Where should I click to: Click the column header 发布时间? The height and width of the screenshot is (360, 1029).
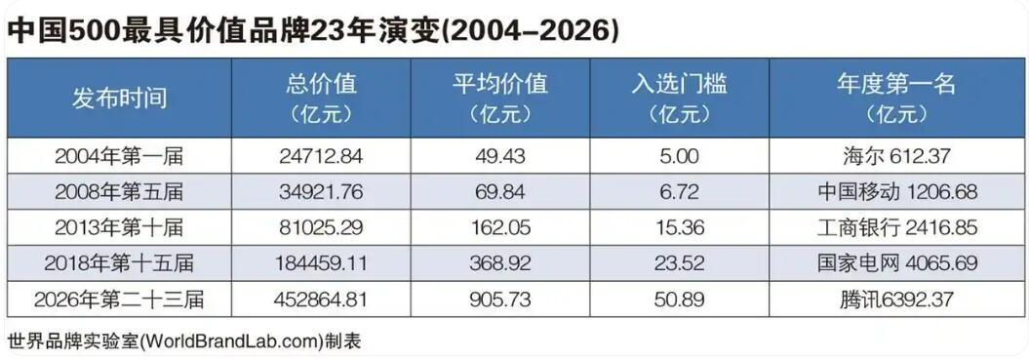(x=119, y=98)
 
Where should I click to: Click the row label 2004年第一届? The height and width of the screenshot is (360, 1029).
(x=119, y=156)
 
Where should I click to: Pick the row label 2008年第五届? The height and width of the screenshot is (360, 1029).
(x=119, y=192)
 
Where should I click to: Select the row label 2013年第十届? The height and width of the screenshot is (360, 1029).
(x=119, y=227)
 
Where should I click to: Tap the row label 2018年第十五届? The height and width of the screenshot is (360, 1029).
(x=119, y=263)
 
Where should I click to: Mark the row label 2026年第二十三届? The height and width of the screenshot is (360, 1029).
(x=119, y=300)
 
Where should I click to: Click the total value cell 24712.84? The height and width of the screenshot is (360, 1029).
(x=321, y=156)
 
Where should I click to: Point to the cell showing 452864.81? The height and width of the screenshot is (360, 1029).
(x=321, y=300)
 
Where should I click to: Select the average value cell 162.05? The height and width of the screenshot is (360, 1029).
(x=500, y=227)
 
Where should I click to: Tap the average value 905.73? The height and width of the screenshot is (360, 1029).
(x=500, y=300)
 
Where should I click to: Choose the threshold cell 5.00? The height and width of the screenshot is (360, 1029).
(x=679, y=156)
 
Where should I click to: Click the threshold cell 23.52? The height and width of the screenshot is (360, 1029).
(x=679, y=263)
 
